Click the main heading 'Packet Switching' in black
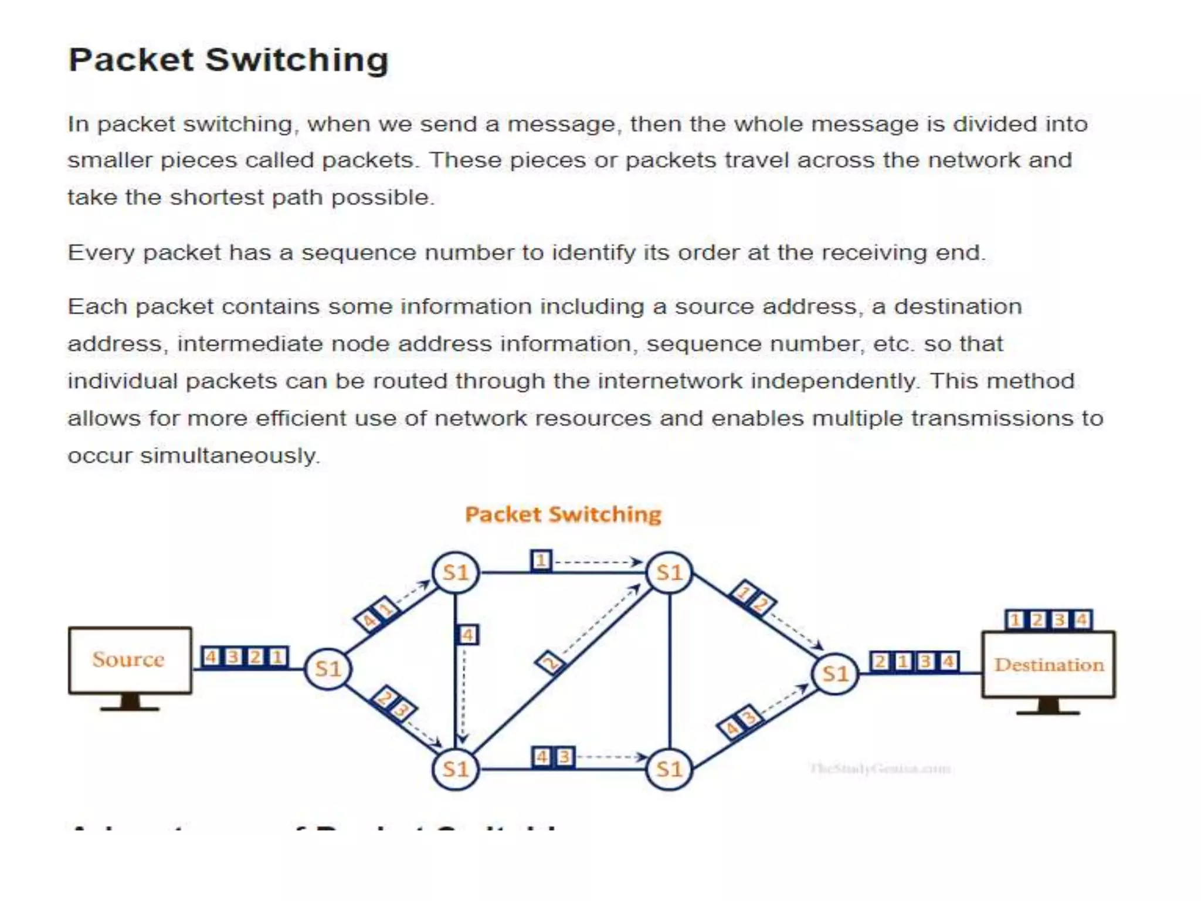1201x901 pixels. (228, 60)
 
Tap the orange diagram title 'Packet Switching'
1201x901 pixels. (563, 514)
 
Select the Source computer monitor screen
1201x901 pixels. (130, 660)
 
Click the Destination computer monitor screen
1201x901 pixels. (1049, 665)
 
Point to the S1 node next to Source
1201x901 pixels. (328, 669)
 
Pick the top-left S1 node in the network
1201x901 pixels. (456, 573)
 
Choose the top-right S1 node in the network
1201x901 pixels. (669, 573)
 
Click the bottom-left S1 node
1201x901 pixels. (456, 769)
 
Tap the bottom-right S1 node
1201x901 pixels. (669, 769)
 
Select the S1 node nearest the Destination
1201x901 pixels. (835, 673)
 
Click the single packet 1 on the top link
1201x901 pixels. (541, 561)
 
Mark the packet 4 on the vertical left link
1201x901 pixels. (467, 635)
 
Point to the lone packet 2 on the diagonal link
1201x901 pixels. (550, 663)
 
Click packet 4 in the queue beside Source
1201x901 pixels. (211, 656)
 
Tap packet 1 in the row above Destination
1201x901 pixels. (1016, 620)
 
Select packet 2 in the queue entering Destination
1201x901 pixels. (880, 662)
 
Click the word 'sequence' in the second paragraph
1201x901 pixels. (358, 253)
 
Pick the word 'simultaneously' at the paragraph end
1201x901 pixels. (229, 456)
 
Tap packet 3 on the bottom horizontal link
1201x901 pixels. (564, 757)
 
